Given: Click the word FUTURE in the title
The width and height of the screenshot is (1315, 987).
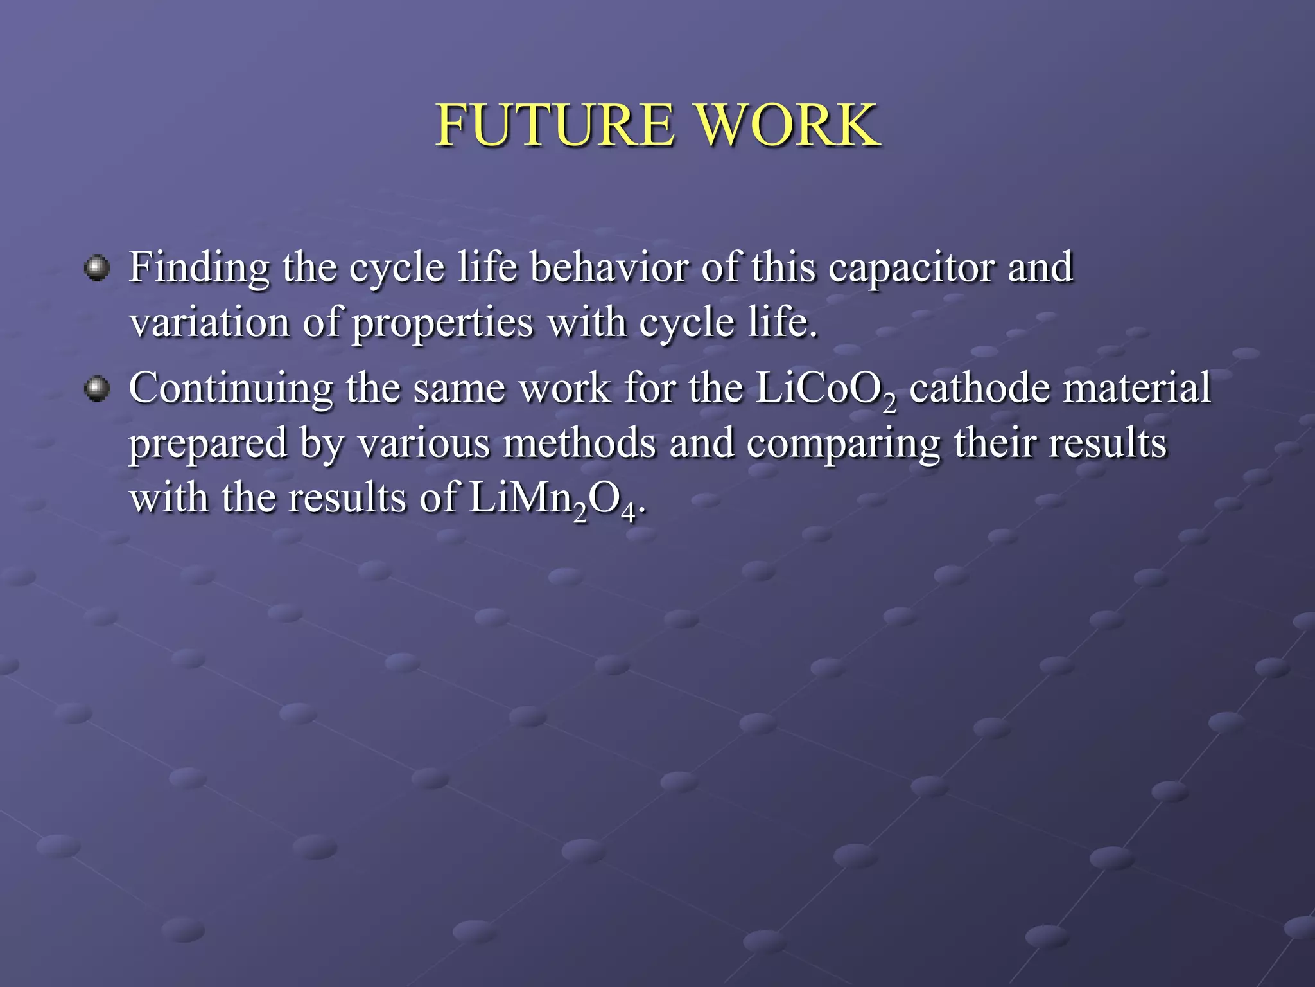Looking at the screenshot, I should [555, 125].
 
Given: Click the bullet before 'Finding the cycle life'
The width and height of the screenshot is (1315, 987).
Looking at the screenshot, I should [98, 268].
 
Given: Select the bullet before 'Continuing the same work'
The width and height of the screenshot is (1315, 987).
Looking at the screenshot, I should [98, 389].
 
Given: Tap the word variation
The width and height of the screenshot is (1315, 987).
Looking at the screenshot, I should [209, 322].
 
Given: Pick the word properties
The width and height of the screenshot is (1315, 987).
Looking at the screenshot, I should [442, 323].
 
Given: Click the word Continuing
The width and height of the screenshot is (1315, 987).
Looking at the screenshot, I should [231, 389].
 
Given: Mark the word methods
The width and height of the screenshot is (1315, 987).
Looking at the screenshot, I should [579, 443].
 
